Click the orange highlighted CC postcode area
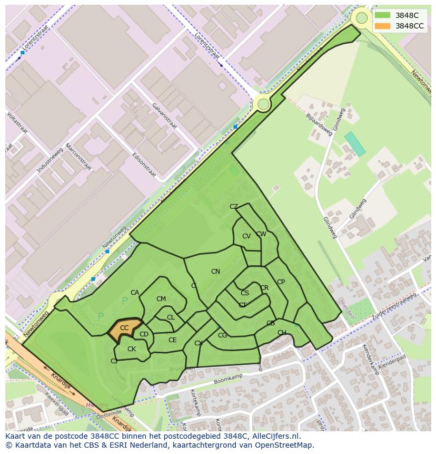[x=125, y=329]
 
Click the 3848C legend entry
[x=407, y=15]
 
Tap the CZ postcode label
[x=234, y=207]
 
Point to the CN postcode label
[x=215, y=272]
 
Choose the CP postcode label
[x=281, y=282]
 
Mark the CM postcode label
[x=161, y=299]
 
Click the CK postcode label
[x=132, y=349]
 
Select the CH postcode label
[x=282, y=333]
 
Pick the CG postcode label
[x=222, y=335]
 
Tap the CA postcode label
[x=135, y=293]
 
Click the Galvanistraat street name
[x=164, y=115]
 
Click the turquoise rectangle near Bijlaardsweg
[x=355, y=144]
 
